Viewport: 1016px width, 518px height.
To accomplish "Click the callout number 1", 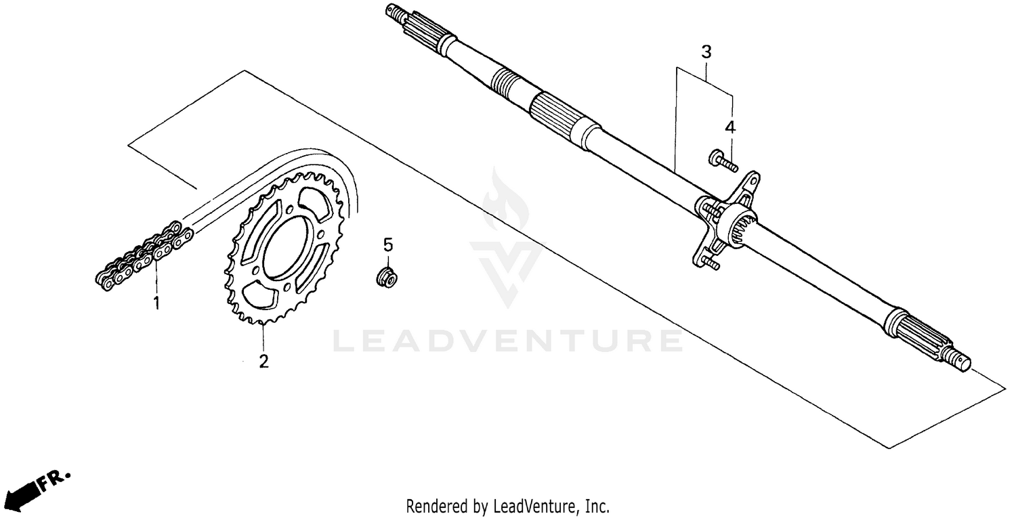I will point(156,303).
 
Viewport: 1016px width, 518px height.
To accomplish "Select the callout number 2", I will point(263,361).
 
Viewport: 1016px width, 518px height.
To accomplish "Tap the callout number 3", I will point(706,51).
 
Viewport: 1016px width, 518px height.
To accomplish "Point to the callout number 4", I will point(730,127).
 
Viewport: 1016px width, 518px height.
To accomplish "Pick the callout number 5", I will point(388,244).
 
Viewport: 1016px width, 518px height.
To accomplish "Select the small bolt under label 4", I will point(722,160).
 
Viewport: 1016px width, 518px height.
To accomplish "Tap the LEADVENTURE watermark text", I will point(508,341).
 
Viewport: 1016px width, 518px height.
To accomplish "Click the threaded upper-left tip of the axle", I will point(394,11).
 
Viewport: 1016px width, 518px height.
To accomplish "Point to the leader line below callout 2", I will point(263,339).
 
